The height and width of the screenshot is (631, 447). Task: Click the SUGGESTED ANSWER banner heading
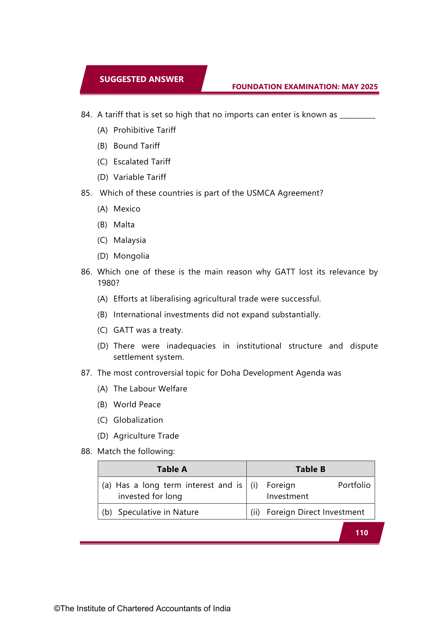(x=142, y=79)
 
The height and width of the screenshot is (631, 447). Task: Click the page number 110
(x=362, y=533)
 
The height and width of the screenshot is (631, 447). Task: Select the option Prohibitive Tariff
(x=144, y=130)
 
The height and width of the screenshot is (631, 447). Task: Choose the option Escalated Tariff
(x=142, y=162)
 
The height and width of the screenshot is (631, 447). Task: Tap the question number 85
(x=86, y=193)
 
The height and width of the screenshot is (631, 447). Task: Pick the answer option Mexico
(x=127, y=209)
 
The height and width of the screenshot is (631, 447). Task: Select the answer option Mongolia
(x=131, y=256)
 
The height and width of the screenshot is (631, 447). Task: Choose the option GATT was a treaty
(x=148, y=330)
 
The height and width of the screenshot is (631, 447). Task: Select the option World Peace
(x=137, y=404)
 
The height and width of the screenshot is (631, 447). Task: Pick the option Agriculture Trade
(x=146, y=436)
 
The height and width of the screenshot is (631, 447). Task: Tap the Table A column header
(x=172, y=469)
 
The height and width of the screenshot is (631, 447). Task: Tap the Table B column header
(x=310, y=469)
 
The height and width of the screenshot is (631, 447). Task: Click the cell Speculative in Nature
(x=158, y=512)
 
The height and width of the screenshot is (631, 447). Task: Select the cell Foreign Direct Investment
(x=315, y=512)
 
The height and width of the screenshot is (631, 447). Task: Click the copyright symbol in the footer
(x=57, y=609)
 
